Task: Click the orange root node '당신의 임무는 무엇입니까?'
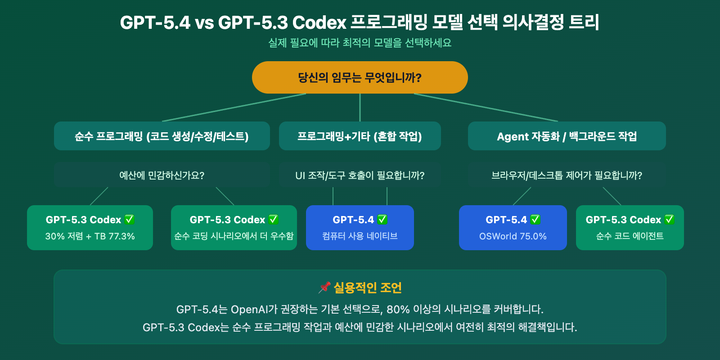360,77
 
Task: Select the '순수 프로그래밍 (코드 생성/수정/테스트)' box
162,136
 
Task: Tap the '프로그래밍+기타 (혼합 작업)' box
360,136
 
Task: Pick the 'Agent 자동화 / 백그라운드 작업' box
567,136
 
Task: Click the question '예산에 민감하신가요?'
162,175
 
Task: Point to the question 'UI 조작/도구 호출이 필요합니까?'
360,175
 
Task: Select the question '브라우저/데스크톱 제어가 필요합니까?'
567,175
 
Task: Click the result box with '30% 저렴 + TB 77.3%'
90,228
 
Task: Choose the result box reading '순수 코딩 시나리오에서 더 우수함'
234,228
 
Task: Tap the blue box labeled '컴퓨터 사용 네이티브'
360,228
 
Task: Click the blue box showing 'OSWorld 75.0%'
513,228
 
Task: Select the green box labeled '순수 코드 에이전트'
630,228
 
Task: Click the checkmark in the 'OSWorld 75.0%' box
535,220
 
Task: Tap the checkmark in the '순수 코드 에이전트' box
669,220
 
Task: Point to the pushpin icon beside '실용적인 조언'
324,288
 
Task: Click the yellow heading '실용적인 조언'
368,288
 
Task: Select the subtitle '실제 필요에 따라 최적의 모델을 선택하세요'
360,43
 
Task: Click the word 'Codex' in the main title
320,22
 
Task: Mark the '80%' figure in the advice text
398,310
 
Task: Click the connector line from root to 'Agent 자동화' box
486,108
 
